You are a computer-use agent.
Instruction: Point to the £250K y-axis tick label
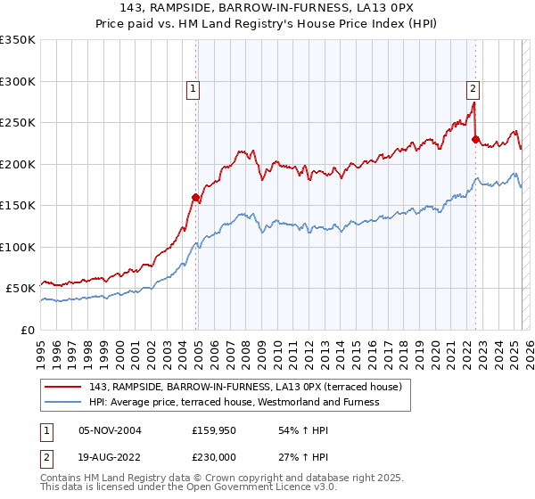click(18, 123)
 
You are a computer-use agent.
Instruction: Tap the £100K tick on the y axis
click(18, 247)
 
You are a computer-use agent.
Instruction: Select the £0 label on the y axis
click(26, 330)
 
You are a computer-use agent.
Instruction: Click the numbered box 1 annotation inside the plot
click(193, 88)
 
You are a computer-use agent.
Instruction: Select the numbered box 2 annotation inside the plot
click(472, 88)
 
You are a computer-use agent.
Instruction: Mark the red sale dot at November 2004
click(195, 198)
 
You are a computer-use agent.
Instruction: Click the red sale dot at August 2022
click(475, 139)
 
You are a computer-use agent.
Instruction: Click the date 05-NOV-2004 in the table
click(110, 429)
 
